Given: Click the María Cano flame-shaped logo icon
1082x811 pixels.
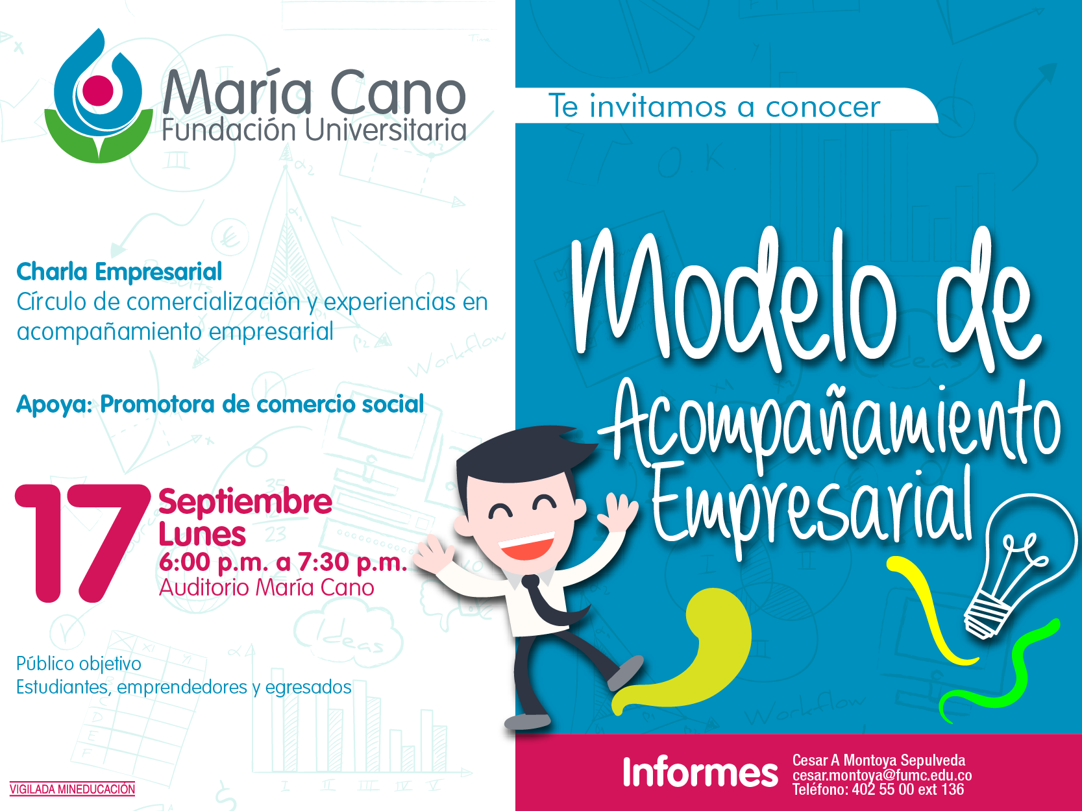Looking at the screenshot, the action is point(99,96).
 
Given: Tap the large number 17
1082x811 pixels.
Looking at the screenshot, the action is point(83,544).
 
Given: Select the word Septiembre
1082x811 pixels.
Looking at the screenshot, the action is point(245,503).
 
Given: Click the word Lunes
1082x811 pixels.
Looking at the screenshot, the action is point(202,534).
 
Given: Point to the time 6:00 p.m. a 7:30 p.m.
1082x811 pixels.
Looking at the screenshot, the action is point(283,562).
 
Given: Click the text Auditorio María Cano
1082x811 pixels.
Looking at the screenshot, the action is point(266,588).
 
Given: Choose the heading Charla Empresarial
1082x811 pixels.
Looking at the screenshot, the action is point(119,272).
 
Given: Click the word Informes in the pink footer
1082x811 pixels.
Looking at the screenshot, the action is point(700,772).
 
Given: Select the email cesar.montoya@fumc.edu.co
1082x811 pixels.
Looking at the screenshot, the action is point(882,775).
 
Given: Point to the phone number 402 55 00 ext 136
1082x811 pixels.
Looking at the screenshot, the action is point(907,790).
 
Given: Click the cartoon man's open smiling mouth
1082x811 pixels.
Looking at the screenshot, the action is point(526,546).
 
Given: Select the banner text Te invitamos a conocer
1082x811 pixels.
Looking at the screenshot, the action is point(714,106).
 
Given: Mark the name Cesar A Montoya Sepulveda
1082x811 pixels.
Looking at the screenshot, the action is point(879,760).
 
